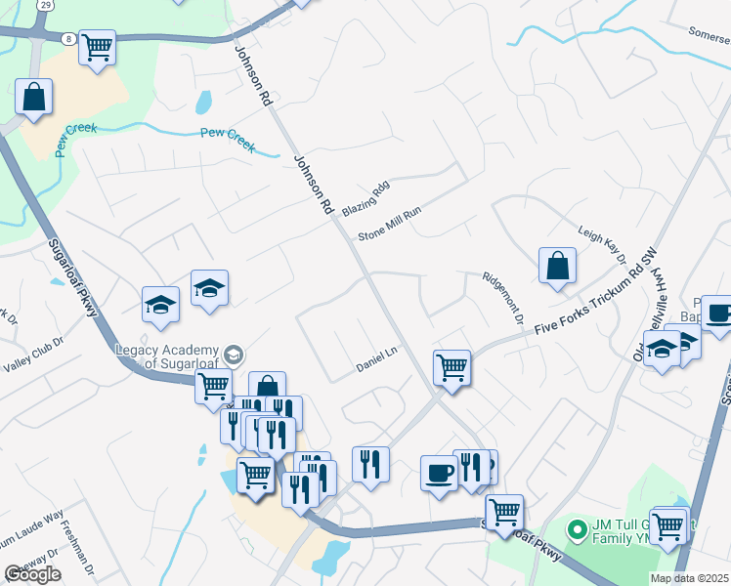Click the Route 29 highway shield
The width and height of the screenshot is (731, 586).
point(46,5)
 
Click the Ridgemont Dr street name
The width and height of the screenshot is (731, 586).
point(502,298)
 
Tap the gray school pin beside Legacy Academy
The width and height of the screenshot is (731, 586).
point(233,354)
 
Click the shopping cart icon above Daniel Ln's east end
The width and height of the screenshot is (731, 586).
point(451,367)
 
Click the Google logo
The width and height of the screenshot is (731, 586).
point(32,574)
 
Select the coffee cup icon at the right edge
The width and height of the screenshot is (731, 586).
point(718,314)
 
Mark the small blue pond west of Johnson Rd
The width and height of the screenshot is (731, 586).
point(203,102)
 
